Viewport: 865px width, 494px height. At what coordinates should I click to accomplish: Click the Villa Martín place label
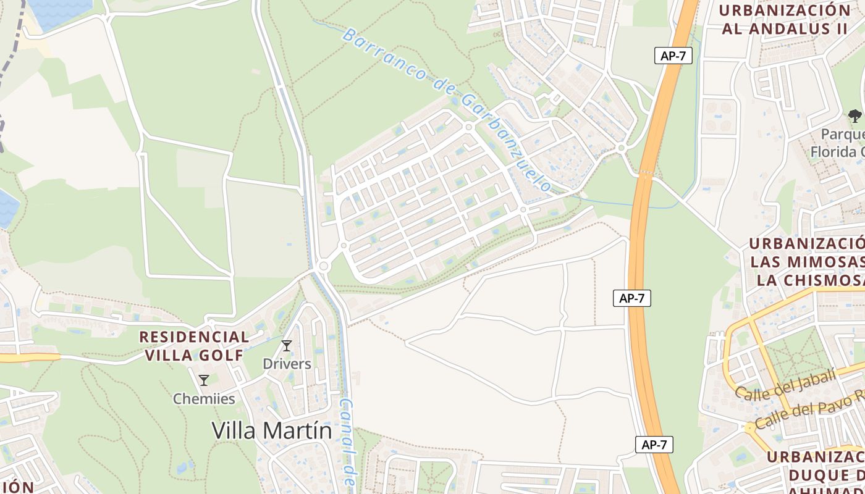click(272, 430)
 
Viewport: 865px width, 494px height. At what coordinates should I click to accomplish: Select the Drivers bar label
click(287, 364)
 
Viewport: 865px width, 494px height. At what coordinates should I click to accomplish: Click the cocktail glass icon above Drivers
click(287, 346)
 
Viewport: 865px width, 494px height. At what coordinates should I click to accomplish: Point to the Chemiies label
click(204, 399)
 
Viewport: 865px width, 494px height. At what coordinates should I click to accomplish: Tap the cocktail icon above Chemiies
click(204, 380)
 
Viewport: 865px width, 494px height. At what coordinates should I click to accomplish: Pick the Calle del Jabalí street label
click(786, 383)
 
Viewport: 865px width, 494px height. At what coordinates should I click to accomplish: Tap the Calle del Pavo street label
click(803, 414)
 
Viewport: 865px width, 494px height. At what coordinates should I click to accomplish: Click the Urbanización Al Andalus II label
click(785, 20)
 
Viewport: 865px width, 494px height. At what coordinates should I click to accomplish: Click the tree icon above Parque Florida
click(854, 115)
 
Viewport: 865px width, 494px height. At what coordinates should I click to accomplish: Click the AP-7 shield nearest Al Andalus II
click(673, 56)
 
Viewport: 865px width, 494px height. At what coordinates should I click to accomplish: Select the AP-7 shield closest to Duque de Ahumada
click(654, 444)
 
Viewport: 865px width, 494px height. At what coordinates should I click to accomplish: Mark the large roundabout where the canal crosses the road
click(323, 266)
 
